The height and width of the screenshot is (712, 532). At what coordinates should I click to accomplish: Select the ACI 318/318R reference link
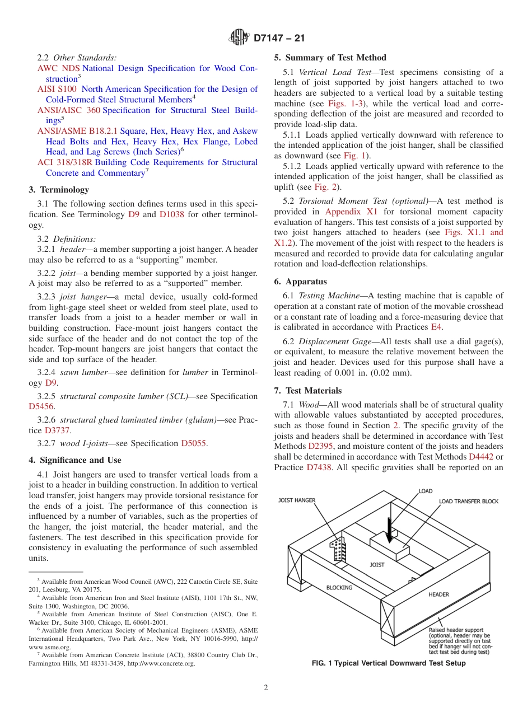click(64, 162)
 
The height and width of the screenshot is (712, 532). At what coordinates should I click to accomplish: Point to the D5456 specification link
click(41, 407)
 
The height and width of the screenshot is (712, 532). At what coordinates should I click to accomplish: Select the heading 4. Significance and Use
click(74, 460)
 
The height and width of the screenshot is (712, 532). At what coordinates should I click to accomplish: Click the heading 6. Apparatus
click(300, 282)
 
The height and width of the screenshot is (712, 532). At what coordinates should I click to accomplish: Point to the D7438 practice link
click(321, 467)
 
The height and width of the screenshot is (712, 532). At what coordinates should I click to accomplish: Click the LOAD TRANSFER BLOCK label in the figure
click(468, 502)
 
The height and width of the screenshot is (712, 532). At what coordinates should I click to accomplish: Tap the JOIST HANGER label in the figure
click(297, 500)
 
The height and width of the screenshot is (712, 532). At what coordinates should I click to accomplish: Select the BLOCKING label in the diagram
click(339, 588)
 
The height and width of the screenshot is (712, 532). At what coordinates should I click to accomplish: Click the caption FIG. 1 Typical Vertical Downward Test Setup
click(389, 663)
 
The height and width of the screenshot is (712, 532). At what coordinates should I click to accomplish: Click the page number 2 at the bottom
click(266, 688)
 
